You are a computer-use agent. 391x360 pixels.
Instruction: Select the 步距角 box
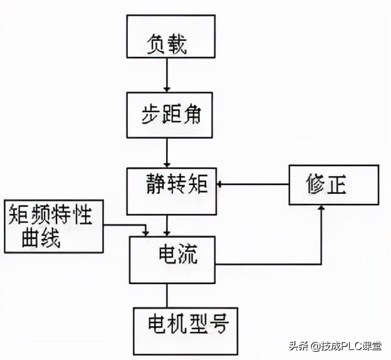[167, 115]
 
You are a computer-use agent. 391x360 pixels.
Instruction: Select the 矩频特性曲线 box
[53, 227]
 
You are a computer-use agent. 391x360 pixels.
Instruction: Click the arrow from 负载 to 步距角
[167, 80]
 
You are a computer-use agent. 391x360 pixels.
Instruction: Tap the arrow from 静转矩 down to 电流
[167, 225]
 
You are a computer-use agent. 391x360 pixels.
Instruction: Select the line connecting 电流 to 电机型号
[167, 294]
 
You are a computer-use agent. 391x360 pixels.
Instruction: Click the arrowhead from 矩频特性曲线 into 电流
[146, 232]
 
